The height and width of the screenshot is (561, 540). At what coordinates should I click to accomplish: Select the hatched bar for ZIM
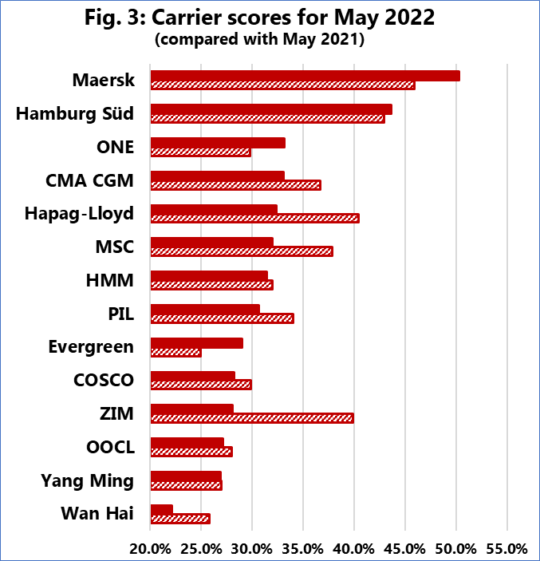tap(252, 418)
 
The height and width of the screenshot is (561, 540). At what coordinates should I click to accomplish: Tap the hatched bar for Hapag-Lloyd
tap(254, 218)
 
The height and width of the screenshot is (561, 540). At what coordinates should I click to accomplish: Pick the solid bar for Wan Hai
tap(162, 508)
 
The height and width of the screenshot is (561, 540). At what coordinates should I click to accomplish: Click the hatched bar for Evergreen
tap(175, 352)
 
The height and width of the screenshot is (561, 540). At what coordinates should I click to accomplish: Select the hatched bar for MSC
tap(242, 251)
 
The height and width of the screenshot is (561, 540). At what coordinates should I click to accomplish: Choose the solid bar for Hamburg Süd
tap(271, 109)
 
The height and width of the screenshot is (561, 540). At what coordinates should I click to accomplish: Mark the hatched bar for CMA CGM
tap(235, 185)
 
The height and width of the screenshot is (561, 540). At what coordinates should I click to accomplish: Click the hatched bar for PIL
tap(222, 318)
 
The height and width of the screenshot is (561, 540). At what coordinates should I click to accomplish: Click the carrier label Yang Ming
tap(87, 480)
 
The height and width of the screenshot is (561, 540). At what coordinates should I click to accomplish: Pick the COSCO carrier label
tap(101, 380)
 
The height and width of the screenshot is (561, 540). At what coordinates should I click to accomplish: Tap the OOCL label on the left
tap(110, 447)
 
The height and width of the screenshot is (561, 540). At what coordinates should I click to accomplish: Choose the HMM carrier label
tap(109, 280)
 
